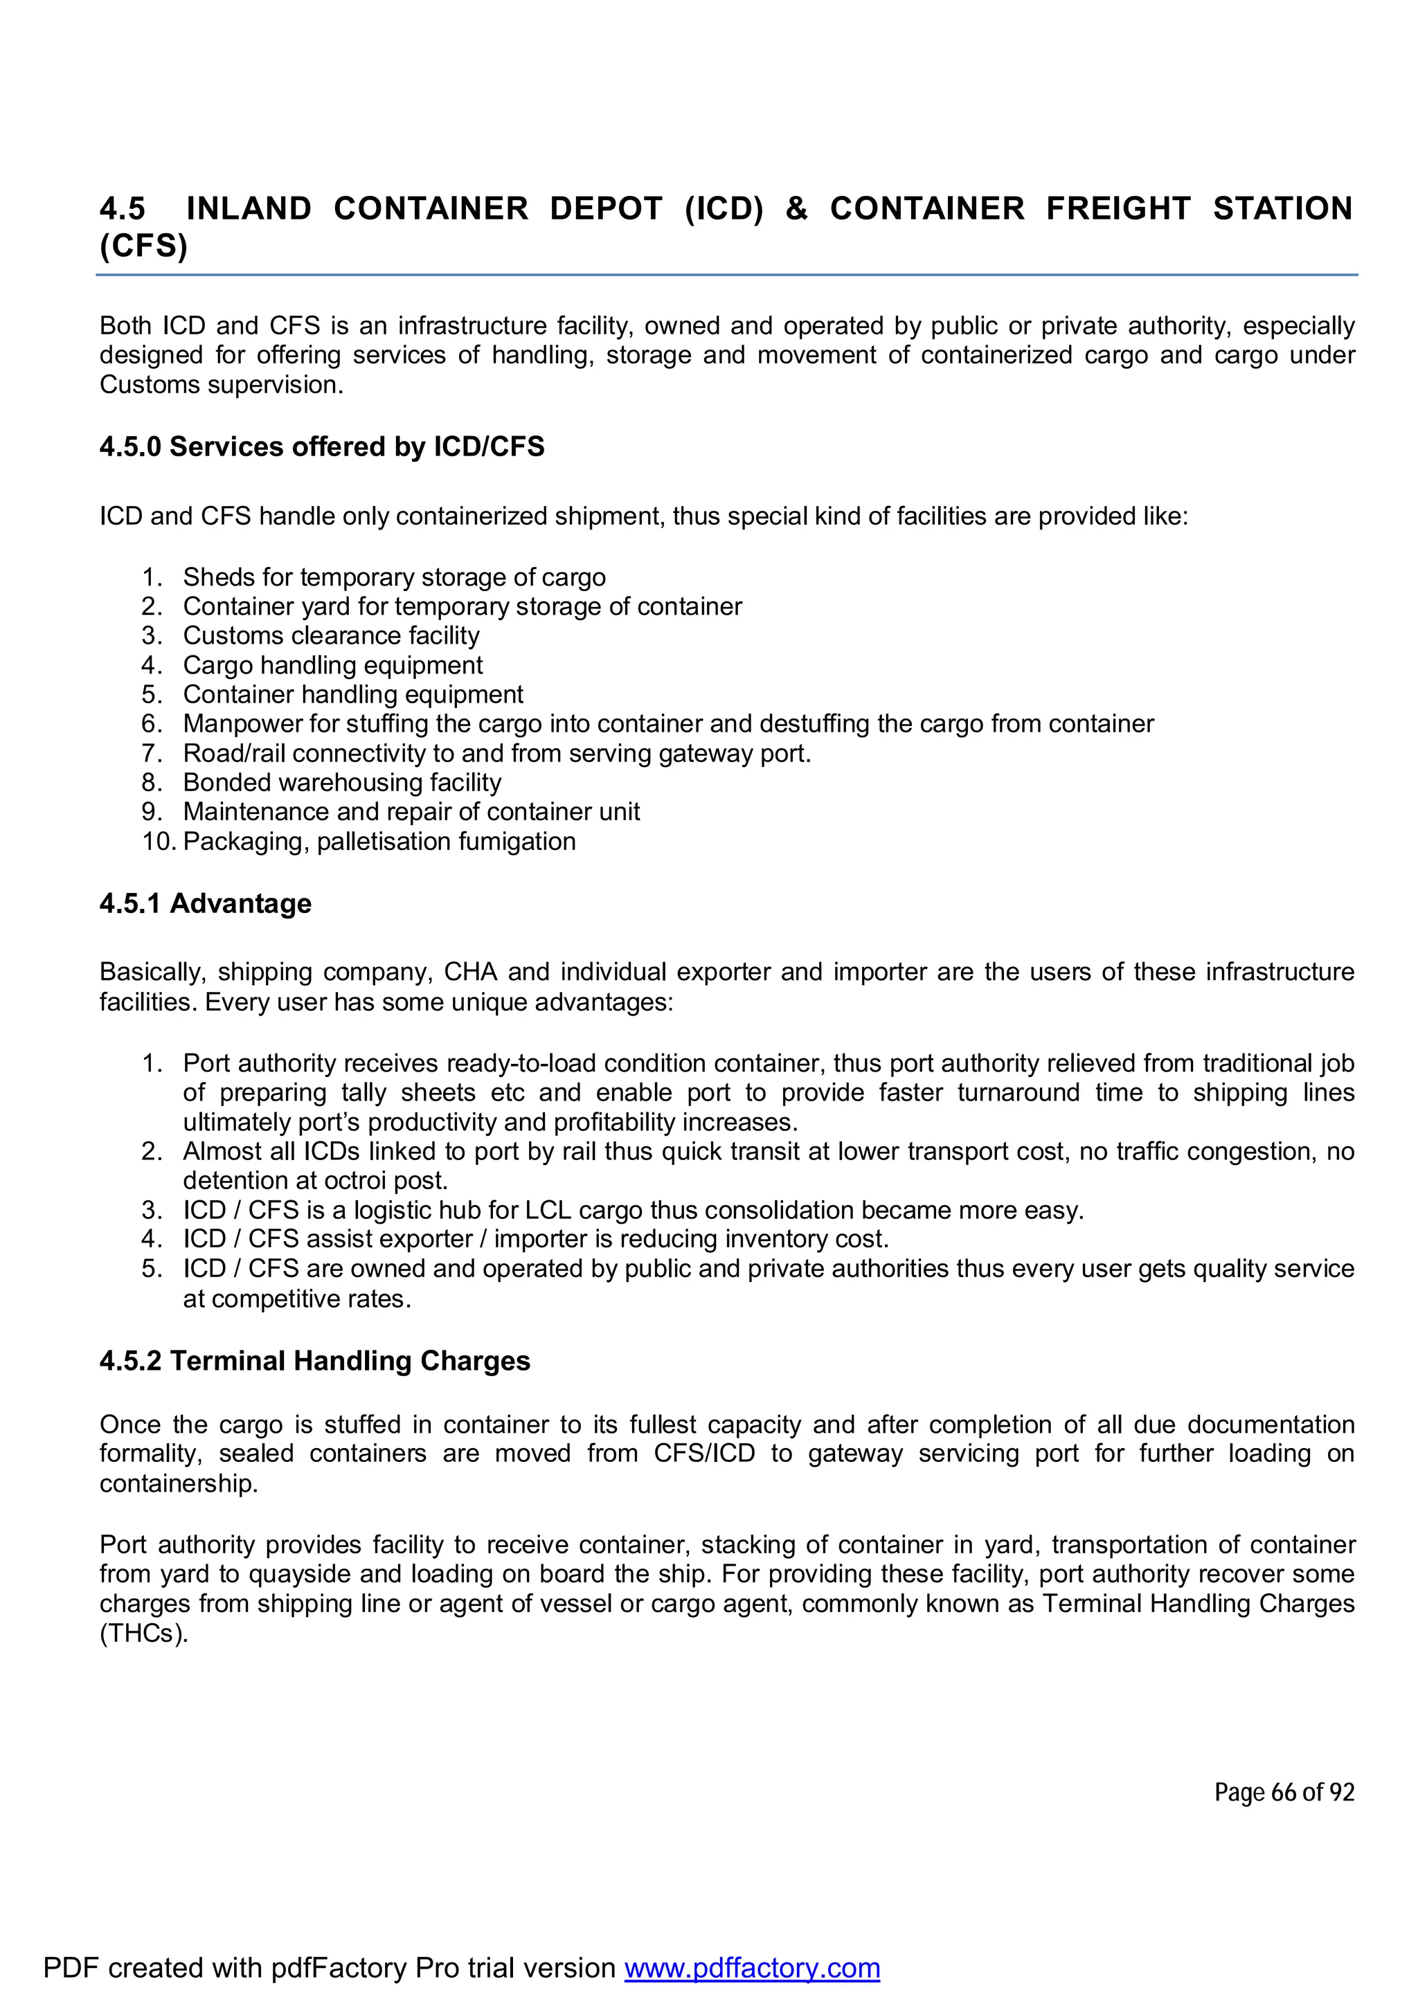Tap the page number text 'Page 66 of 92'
(x=1284, y=1793)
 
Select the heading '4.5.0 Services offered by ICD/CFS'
(x=321, y=446)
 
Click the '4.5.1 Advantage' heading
(x=206, y=903)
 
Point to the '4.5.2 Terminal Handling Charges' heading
(x=314, y=1360)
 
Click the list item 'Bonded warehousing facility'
(x=341, y=782)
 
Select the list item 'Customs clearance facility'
(x=331, y=635)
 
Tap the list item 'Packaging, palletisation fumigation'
(x=379, y=841)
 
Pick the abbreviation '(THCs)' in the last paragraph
(x=143, y=1633)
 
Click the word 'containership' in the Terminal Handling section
(x=177, y=1483)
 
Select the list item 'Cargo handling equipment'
(x=332, y=665)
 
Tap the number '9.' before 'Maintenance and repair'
(x=152, y=812)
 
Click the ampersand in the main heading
(x=796, y=209)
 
